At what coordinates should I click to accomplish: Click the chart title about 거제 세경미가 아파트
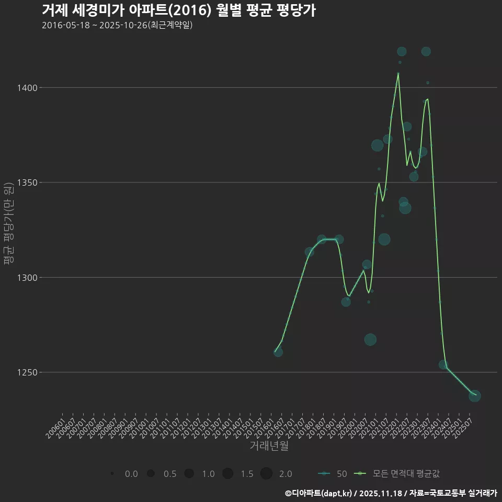pos(178,10)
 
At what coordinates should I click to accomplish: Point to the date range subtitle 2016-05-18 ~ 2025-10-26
pos(117,25)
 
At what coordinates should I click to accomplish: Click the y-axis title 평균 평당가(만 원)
pos(8,224)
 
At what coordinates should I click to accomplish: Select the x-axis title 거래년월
pos(269,446)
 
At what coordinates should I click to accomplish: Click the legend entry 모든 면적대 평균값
pos(397,474)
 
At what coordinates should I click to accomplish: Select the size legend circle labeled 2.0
pos(266,474)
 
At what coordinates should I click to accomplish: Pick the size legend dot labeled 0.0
pos(112,474)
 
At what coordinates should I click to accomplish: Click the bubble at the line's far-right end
pos(475,396)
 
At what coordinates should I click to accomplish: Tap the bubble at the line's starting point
pos(278,352)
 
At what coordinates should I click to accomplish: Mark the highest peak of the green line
pos(398,74)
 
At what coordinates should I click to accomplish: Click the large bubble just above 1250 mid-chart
pos(370,339)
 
